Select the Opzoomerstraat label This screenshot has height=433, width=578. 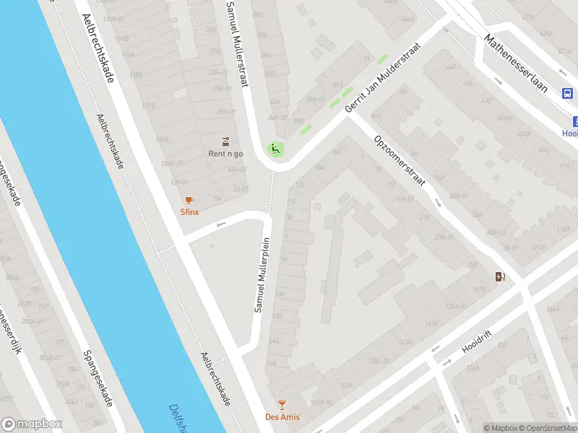[399, 162]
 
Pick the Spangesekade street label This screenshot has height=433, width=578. [98, 387]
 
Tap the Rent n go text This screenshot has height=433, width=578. [226, 154]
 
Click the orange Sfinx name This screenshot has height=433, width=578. [189, 212]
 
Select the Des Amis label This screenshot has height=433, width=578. [282, 417]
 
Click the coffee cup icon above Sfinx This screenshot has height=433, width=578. [189, 200]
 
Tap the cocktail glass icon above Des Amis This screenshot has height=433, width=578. [282, 406]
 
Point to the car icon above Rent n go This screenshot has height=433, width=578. [226, 141]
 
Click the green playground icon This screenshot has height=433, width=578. [275, 149]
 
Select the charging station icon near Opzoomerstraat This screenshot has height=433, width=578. [500, 276]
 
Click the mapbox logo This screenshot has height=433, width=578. [32, 424]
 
